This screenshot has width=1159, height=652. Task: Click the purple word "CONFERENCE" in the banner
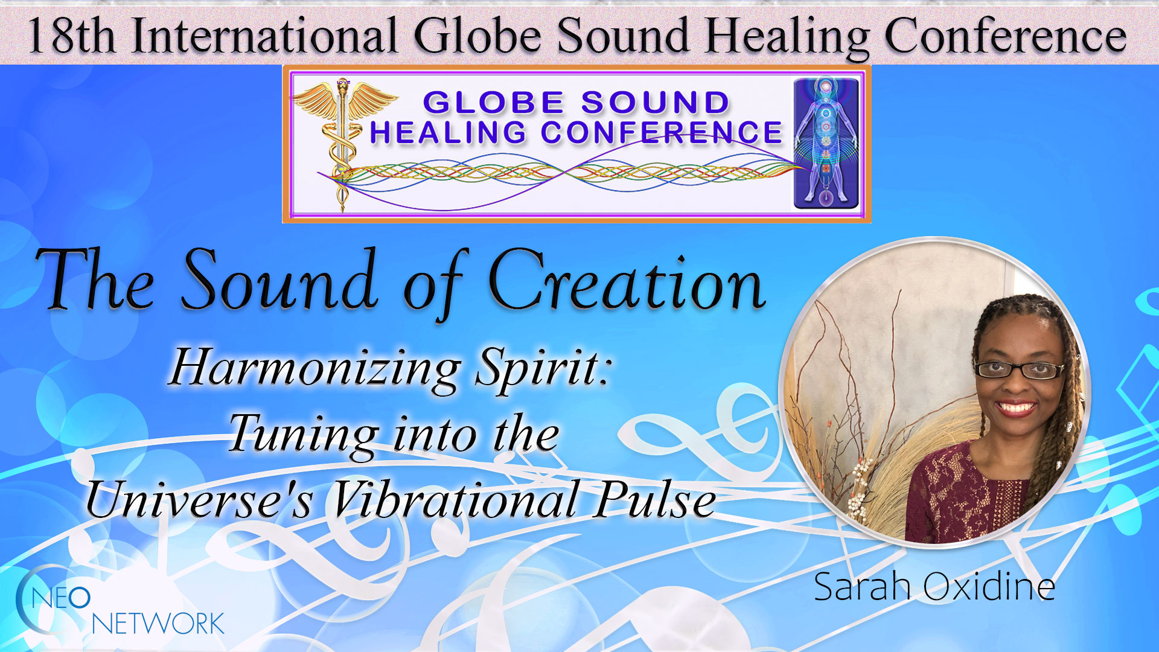coord(661,132)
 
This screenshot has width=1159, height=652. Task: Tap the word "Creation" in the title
coord(627,281)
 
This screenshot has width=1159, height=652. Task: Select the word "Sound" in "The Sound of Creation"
coord(279,280)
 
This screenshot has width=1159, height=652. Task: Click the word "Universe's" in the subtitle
coord(200,500)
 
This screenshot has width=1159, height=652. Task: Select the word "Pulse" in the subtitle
coord(656,500)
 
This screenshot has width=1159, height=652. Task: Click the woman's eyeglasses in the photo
coord(1018,369)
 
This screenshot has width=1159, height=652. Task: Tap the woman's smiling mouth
coord(1015,408)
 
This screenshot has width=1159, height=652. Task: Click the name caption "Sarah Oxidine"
coord(934,586)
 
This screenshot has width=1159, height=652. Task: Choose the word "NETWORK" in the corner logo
coord(158,624)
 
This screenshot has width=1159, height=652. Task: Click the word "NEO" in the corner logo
coord(60,598)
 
